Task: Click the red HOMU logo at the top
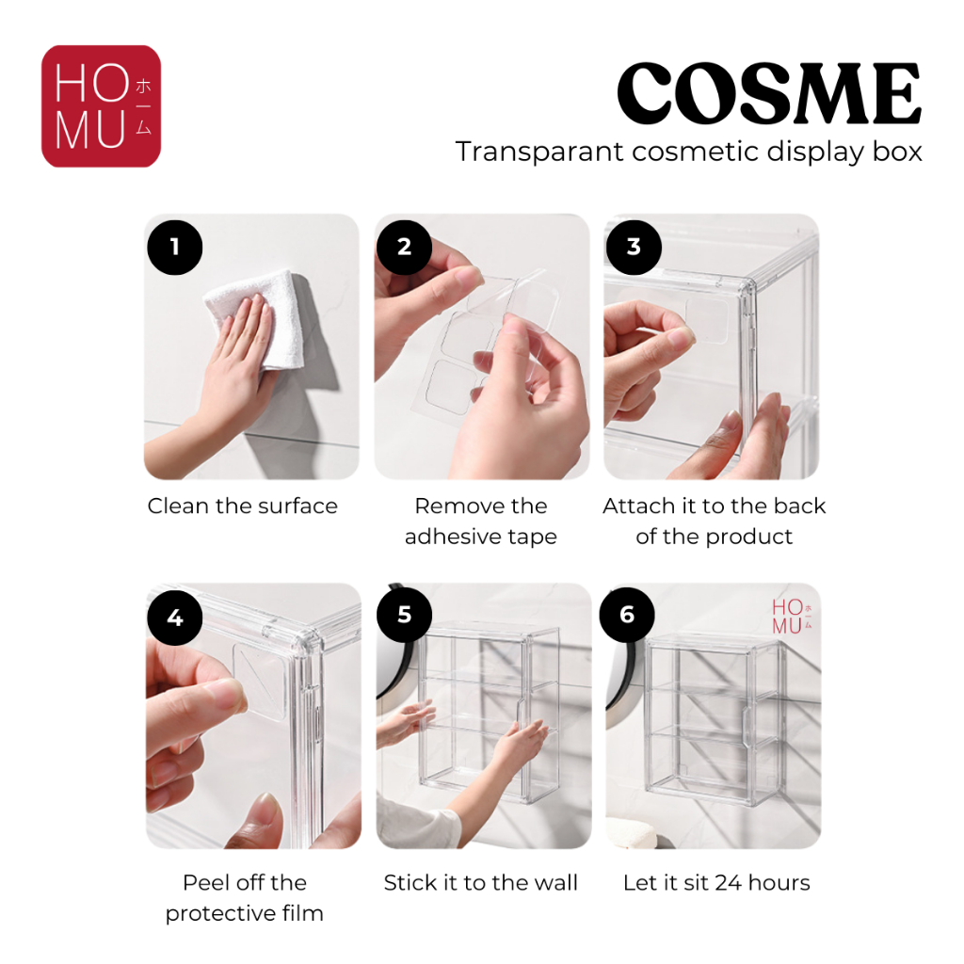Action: (101, 105)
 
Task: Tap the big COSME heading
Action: (769, 93)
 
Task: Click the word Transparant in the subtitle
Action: (539, 152)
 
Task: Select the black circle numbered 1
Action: (174, 248)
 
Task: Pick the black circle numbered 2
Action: (404, 248)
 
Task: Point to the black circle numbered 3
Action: (634, 248)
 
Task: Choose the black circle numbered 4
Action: (174, 618)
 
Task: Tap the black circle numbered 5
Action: (404, 615)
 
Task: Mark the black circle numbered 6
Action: (627, 615)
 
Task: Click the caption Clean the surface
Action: (242, 506)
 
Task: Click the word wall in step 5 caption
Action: (555, 883)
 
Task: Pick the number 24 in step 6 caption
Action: (729, 883)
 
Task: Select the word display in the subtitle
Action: (820, 152)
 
